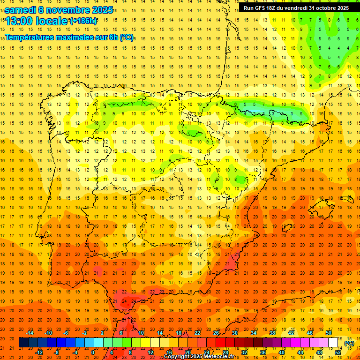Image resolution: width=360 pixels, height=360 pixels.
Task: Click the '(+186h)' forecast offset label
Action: tap(83, 21)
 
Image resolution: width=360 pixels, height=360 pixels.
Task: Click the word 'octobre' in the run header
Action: tap(323, 8)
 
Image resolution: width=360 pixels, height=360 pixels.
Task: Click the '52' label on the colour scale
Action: tap(338, 352)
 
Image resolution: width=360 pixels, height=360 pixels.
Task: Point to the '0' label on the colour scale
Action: tap(93, 352)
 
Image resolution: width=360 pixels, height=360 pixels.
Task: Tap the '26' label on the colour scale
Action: tap(216, 333)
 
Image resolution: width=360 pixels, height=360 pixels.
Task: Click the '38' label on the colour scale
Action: tap(272, 333)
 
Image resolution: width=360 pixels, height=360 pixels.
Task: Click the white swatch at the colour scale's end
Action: tap(333, 343)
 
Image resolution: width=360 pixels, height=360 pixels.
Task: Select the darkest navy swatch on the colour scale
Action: tap(24, 343)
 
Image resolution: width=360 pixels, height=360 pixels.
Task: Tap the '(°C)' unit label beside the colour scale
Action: tap(349, 343)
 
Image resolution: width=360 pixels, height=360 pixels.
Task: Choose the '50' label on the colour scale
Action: tap(329, 333)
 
